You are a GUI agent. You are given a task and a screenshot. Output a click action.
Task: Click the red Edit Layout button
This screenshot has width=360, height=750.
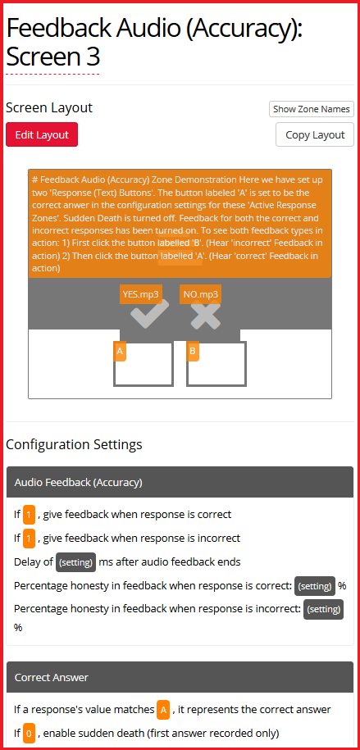click(x=42, y=134)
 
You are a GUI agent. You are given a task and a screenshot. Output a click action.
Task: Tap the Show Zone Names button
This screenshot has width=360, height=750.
click(x=311, y=109)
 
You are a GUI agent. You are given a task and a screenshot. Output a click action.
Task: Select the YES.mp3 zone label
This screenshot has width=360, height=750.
click(x=140, y=294)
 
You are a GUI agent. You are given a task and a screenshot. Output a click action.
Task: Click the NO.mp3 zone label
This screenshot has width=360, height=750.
click(x=201, y=294)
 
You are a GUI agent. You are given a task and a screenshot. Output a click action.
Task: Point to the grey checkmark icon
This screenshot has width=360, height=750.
click(x=149, y=314)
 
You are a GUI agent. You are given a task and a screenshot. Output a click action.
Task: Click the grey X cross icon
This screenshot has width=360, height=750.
click(x=206, y=316)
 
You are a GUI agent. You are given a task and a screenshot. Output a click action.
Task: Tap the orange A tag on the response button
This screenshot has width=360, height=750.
click(x=120, y=352)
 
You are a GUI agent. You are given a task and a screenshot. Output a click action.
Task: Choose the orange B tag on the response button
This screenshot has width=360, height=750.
click(x=193, y=352)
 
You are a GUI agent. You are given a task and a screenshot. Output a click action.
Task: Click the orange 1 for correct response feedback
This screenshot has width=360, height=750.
click(x=30, y=515)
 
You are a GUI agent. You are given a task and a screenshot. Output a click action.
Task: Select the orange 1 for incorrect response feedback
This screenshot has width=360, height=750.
click(x=30, y=539)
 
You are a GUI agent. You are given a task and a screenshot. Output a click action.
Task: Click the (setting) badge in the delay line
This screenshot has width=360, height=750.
click(x=75, y=562)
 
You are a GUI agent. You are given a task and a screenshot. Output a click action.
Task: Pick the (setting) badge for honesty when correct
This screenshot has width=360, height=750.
click(x=315, y=586)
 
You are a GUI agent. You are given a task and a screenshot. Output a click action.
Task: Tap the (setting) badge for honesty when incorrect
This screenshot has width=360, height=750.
click(x=324, y=609)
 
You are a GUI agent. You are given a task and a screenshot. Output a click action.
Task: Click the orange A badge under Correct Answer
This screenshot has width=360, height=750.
click(x=163, y=710)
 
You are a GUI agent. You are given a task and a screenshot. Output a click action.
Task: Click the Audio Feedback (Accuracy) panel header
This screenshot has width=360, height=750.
click(x=180, y=483)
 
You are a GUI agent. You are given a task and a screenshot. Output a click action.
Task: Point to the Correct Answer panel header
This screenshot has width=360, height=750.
click(x=180, y=677)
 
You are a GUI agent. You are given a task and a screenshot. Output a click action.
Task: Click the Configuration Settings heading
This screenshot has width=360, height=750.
click(x=74, y=444)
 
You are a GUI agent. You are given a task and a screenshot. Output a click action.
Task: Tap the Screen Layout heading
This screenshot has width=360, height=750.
click(x=49, y=108)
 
